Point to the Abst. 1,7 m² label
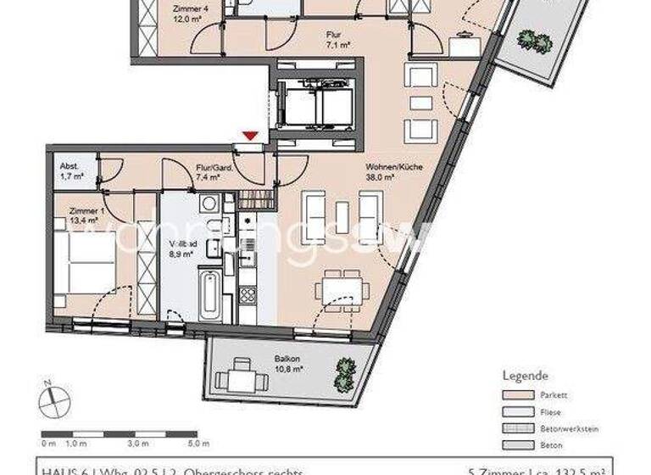[x=68, y=172]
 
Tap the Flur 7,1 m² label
[x=332, y=40]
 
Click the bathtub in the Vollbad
[x=209, y=296]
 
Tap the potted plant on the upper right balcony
[x=530, y=39]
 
